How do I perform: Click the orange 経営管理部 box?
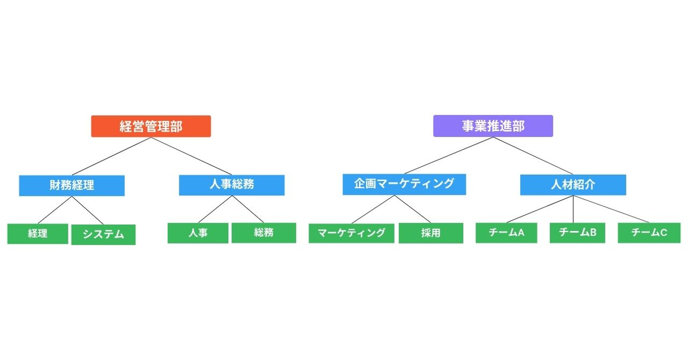[150, 127]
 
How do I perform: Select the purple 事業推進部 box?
[493, 126]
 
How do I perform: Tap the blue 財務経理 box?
[72, 185]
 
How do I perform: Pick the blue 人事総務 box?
[231, 185]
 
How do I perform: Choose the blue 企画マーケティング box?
[404, 184]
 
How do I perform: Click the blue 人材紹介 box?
[572, 185]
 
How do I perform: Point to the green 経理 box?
[37, 233]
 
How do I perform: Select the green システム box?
[103, 234]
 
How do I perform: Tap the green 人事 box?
[199, 233]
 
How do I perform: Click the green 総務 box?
[264, 233]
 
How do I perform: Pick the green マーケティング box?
[351, 233]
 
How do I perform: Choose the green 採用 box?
[430, 233]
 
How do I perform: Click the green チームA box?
[506, 233]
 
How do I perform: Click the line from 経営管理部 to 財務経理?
[112, 157]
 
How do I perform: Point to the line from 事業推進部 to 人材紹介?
[533, 156]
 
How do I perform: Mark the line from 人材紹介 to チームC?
[612, 209]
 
